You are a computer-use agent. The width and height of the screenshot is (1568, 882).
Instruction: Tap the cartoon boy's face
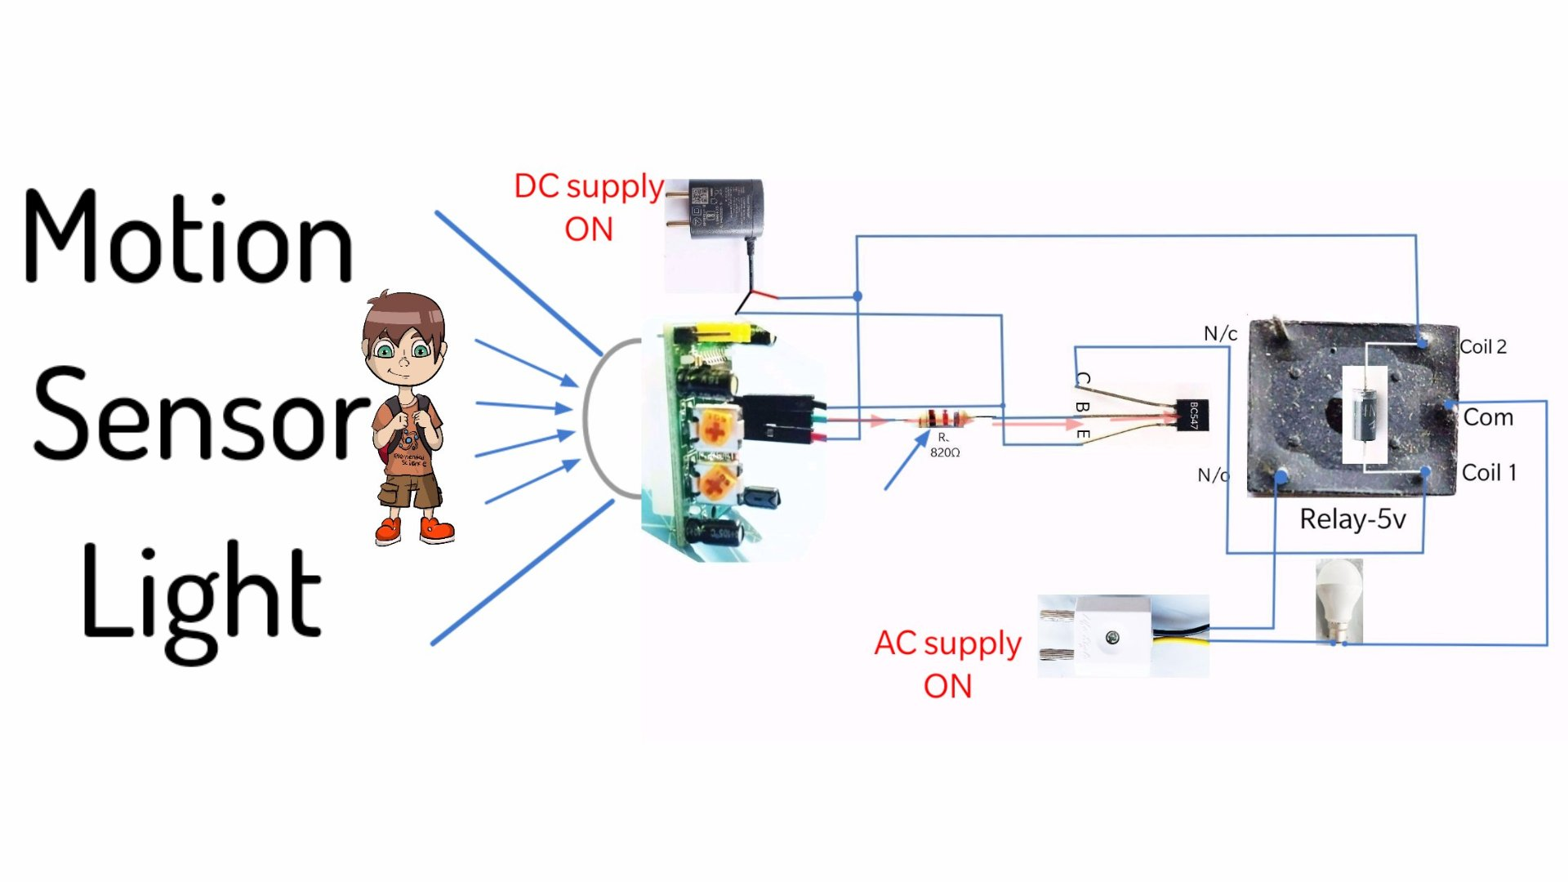tap(403, 347)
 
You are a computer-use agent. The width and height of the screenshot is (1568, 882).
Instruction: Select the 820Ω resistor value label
tap(945, 452)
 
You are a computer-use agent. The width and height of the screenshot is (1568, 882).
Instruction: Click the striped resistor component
tap(944, 420)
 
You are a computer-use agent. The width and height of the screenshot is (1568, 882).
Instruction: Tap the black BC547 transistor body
tap(1192, 415)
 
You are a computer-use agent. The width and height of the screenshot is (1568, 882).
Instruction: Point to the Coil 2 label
tap(1483, 347)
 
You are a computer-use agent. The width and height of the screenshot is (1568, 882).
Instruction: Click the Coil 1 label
tap(1489, 473)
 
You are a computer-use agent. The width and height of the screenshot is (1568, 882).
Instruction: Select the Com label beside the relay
tap(1488, 417)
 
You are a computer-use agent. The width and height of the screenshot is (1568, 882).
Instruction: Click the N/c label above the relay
tap(1220, 334)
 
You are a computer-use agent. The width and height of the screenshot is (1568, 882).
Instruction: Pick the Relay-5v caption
tap(1352, 519)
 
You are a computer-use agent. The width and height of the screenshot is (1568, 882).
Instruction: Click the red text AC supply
tap(947, 644)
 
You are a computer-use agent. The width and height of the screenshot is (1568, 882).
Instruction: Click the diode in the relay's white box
tap(1365, 412)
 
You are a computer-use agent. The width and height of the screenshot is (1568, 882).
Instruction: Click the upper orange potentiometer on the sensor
tap(715, 428)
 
